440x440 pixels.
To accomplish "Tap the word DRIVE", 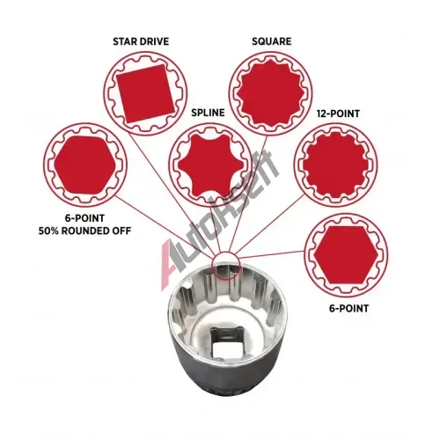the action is (x=155, y=41).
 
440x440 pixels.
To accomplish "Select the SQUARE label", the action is (x=272, y=41).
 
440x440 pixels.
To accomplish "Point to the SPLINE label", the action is (x=208, y=113).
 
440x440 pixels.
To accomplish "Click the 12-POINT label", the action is (x=338, y=114).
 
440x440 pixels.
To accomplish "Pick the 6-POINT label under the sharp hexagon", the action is (x=348, y=308).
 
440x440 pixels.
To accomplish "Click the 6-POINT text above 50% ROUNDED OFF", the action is (x=84, y=218).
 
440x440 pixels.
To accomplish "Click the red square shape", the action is (x=145, y=93).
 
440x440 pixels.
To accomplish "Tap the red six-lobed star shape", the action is (x=211, y=165).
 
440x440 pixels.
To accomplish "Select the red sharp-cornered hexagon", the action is (x=346, y=255).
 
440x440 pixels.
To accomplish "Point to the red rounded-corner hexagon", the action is (x=84, y=165).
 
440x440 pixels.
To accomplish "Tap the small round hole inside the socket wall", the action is (x=189, y=284).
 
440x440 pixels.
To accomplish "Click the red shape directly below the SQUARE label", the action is (x=270, y=93).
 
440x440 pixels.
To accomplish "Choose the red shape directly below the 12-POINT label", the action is (x=335, y=165).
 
